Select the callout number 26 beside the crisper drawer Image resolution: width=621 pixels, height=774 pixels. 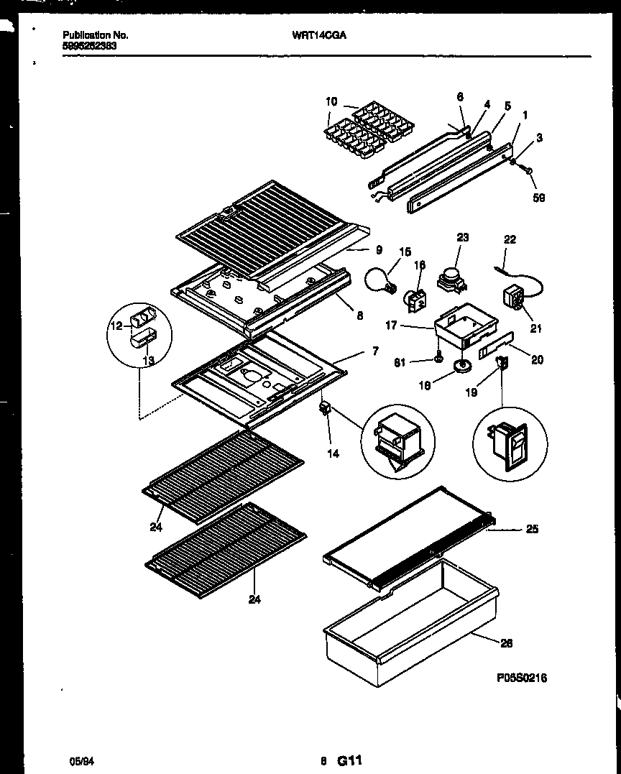click(506, 643)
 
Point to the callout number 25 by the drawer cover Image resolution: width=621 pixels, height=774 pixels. click(531, 530)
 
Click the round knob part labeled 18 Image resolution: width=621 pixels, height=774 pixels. click(461, 369)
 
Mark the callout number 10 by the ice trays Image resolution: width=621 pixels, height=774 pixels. click(331, 101)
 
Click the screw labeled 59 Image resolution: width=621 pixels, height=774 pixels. click(526, 171)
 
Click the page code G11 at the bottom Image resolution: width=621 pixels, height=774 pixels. click(349, 760)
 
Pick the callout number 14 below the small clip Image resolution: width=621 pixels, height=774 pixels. click(333, 453)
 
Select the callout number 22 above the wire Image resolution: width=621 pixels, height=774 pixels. click(510, 239)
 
